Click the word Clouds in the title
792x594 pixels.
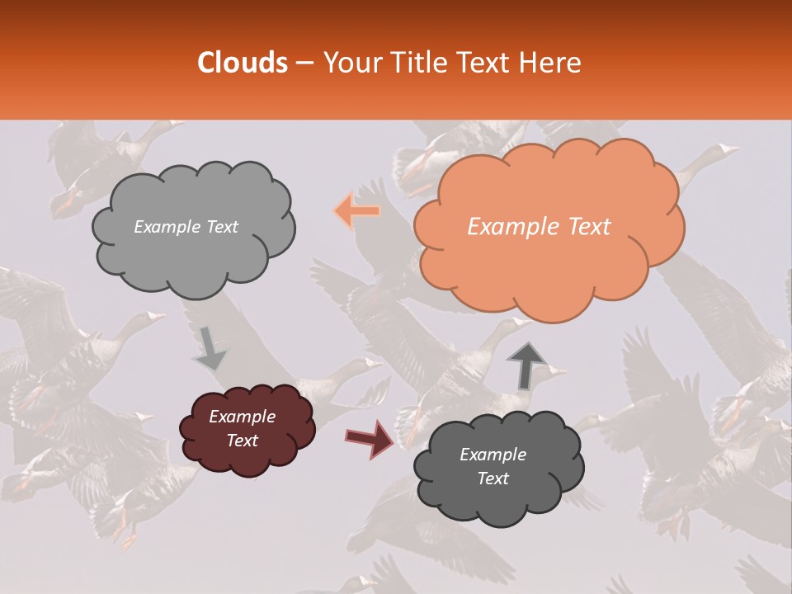(243, 63)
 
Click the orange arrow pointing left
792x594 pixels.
(357, 211)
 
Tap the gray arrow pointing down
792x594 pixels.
(209, 348)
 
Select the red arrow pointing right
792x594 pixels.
(370, 438)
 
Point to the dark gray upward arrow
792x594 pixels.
(526, 365)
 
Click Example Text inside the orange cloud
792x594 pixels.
(539, 227)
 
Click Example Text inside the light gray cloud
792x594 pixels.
(186, 227)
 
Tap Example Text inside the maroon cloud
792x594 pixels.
(242, 428)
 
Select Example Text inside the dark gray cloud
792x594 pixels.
(493, 466)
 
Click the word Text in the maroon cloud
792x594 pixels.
(242, 441)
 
